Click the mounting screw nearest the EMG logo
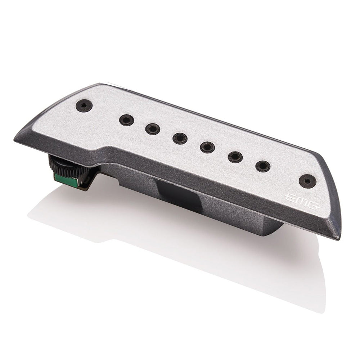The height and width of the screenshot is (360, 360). coord(307,181)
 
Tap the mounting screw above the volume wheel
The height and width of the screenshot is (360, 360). coord(84,105)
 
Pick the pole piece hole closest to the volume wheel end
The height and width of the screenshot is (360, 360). coord(126,120)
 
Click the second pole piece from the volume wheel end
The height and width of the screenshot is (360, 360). coord(153,129)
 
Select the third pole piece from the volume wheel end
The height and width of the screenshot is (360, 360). coord(180,138)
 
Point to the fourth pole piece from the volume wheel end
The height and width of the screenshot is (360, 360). coord(207,147)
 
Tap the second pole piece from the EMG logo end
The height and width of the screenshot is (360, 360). coord(235,156)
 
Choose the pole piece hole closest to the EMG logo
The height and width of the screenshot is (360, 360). coord(263,166)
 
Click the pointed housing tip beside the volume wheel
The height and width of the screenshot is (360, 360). coord(16,138)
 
